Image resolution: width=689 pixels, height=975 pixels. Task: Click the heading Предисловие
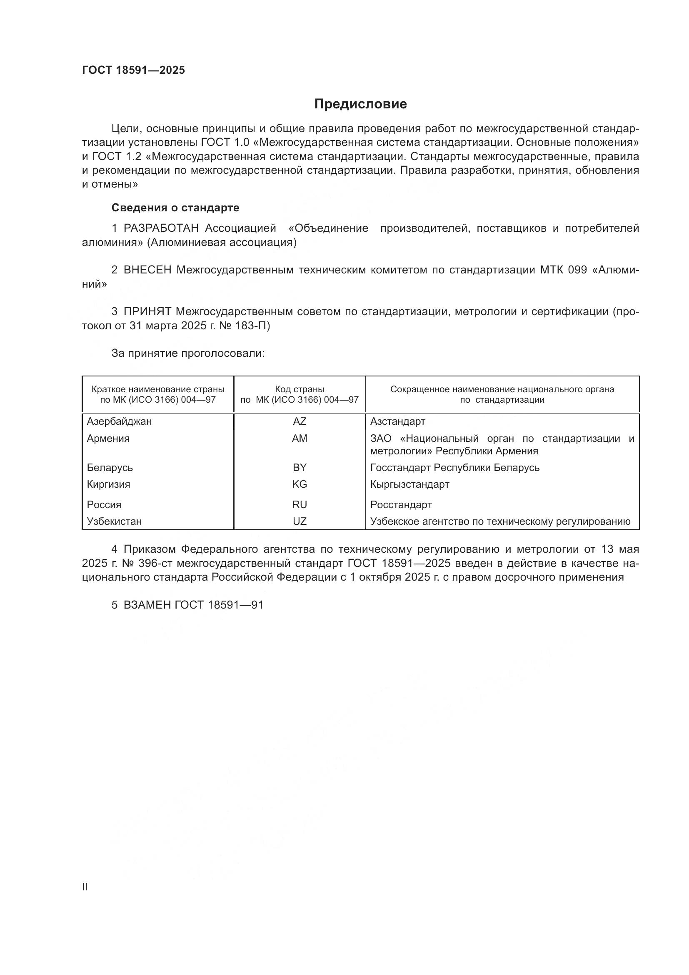[361, 104]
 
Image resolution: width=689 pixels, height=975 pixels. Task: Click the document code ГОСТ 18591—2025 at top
[134, 70]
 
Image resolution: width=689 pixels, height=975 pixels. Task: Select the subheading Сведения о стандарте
[175, 208]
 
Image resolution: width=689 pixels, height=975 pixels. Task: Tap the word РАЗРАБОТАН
[161, 228]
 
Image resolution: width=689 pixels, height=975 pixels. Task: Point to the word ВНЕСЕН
[147, 270]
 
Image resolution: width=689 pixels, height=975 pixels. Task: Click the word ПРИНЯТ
[147, 312]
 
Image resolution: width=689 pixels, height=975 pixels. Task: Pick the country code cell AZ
[300, 421]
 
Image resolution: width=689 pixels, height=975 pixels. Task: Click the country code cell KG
[300, 484]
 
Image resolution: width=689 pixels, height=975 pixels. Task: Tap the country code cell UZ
[300, 521]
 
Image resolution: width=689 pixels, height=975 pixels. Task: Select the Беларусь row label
[110, 468]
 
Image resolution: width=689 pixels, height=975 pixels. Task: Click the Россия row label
[104, 504]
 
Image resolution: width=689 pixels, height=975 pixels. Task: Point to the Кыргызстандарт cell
[410, 484]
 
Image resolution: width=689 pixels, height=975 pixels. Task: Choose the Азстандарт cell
[397, 421]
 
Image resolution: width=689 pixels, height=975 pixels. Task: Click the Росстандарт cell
[401, 504]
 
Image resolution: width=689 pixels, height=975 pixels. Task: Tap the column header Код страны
[300, 389]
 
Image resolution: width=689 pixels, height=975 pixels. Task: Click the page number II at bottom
[85, 887]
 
